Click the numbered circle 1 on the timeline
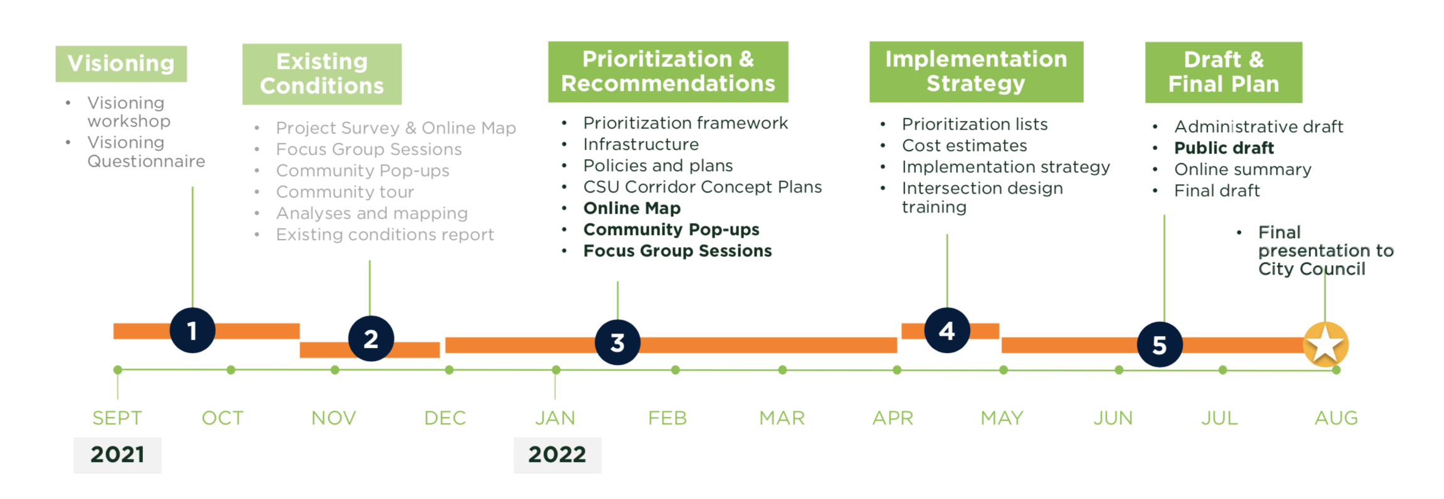point(193,330)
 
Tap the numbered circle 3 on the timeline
point(618,342)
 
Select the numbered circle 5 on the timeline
point(1160,345)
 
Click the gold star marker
point(1325,344)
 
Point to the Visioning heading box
point(121,63)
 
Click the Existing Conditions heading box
point(322,74)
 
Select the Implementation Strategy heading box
point(976,71)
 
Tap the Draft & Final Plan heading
point(1223,72)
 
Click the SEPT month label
point(117,418)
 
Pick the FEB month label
point(667,418)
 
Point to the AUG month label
point(1336,418)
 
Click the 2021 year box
point(117,455)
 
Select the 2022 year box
point(557,455)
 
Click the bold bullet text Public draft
point(1224,148)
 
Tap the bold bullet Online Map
point(632,208)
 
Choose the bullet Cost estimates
point(964,145)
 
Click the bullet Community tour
point(345,192)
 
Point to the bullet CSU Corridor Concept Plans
point(703,187)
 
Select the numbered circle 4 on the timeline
point(947,330)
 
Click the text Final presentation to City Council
point(1325,251)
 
